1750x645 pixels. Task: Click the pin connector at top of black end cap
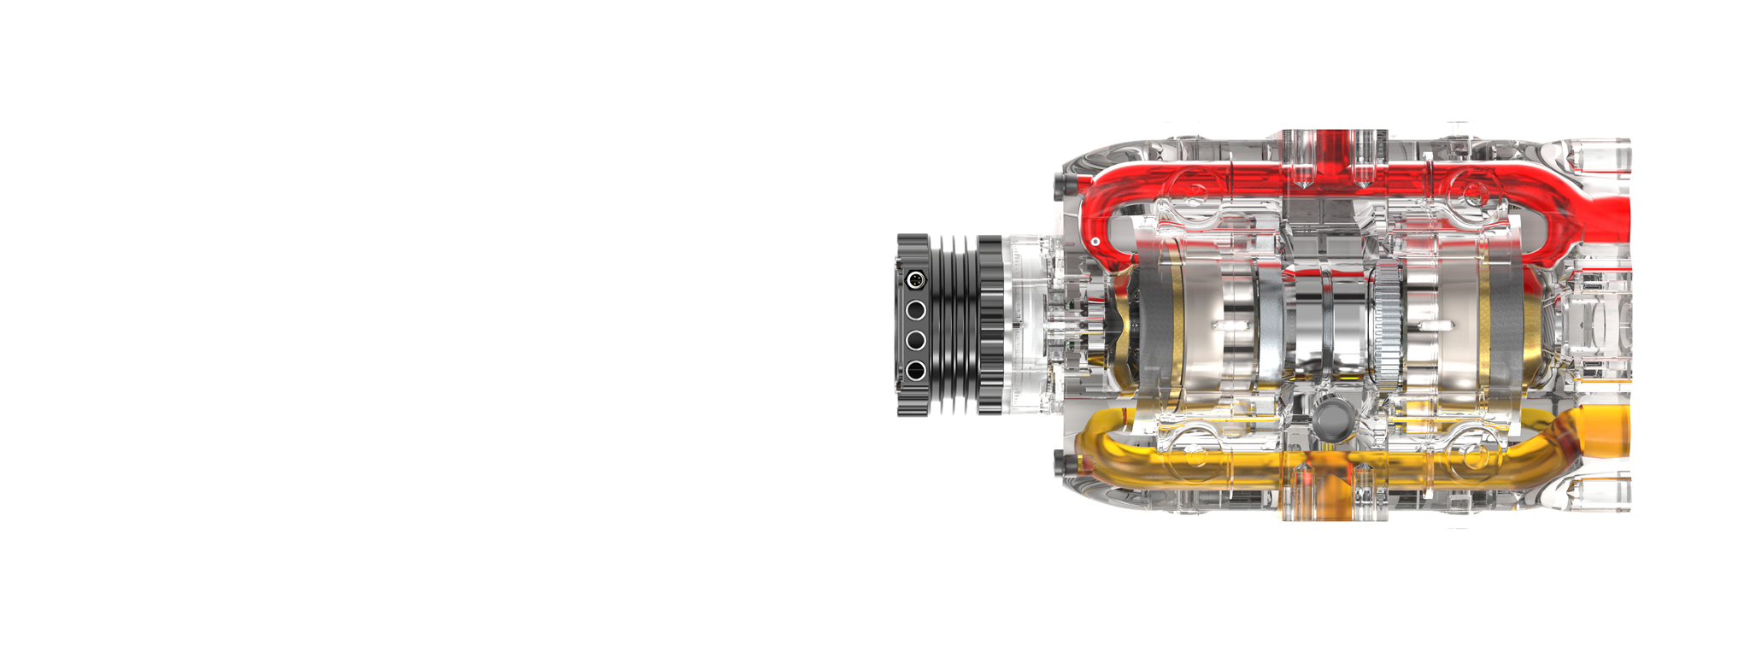(915, 280)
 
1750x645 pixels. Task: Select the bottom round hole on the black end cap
(915, 371)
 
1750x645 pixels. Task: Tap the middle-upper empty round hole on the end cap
(915, 310)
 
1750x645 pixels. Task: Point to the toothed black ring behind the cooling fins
(990, 325)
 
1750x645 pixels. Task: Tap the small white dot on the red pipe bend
(1095, 243)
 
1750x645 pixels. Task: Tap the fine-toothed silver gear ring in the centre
(1388, 325)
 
